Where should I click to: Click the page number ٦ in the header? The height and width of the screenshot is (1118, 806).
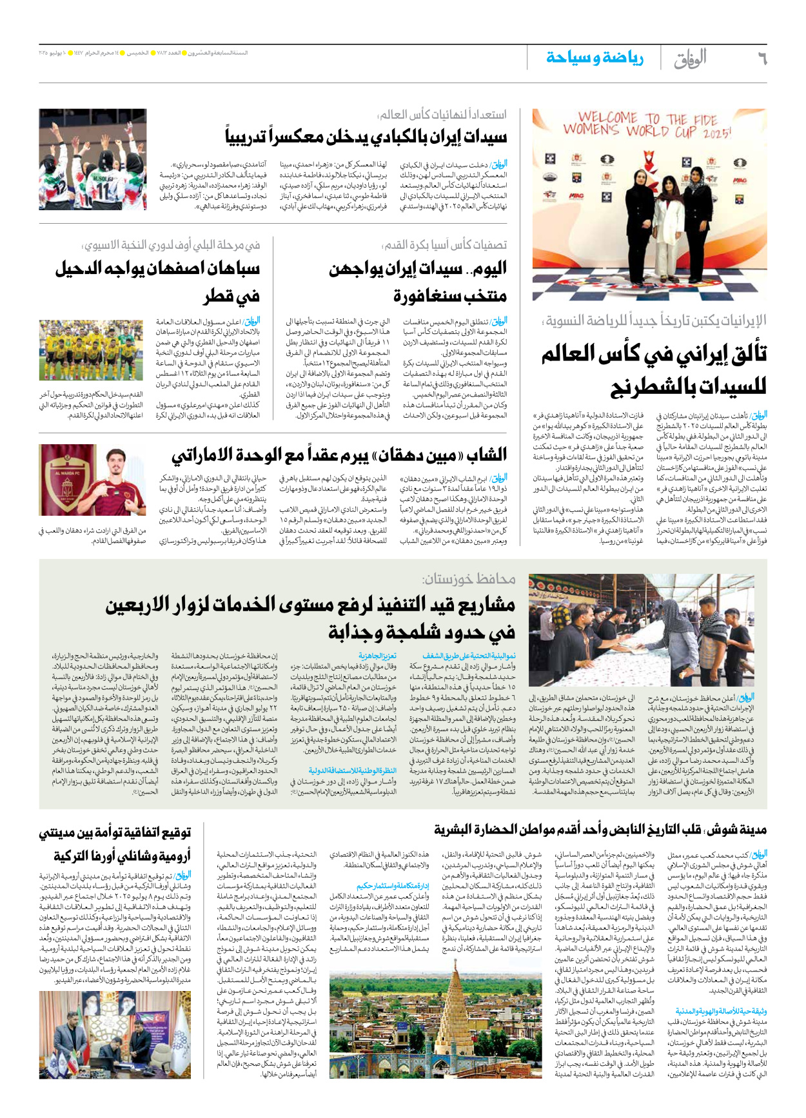pyautogui.click(x=762, y=59)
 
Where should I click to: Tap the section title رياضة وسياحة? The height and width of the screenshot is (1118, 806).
pyautogui.click(x=595, y=59)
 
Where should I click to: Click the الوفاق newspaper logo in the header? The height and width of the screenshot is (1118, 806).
pyautogui.click(x=690, y=60)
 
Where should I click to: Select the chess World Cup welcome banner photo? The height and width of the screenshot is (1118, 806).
pyautogui.click(x=649, y=204)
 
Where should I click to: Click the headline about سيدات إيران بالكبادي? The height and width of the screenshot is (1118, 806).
pyautogui.click(x=366, y=137)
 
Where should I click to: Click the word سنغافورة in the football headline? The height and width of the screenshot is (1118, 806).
pyautogui.click(x=450, y=296)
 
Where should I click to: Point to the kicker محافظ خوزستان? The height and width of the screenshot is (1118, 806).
pyautogui.click(x=469, y=579)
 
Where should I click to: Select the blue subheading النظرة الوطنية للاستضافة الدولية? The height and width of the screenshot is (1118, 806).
pyautogui.click(x=352, y=770)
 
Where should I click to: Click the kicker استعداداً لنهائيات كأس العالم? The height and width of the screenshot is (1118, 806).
pyautogui.click(x=442, y=115)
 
